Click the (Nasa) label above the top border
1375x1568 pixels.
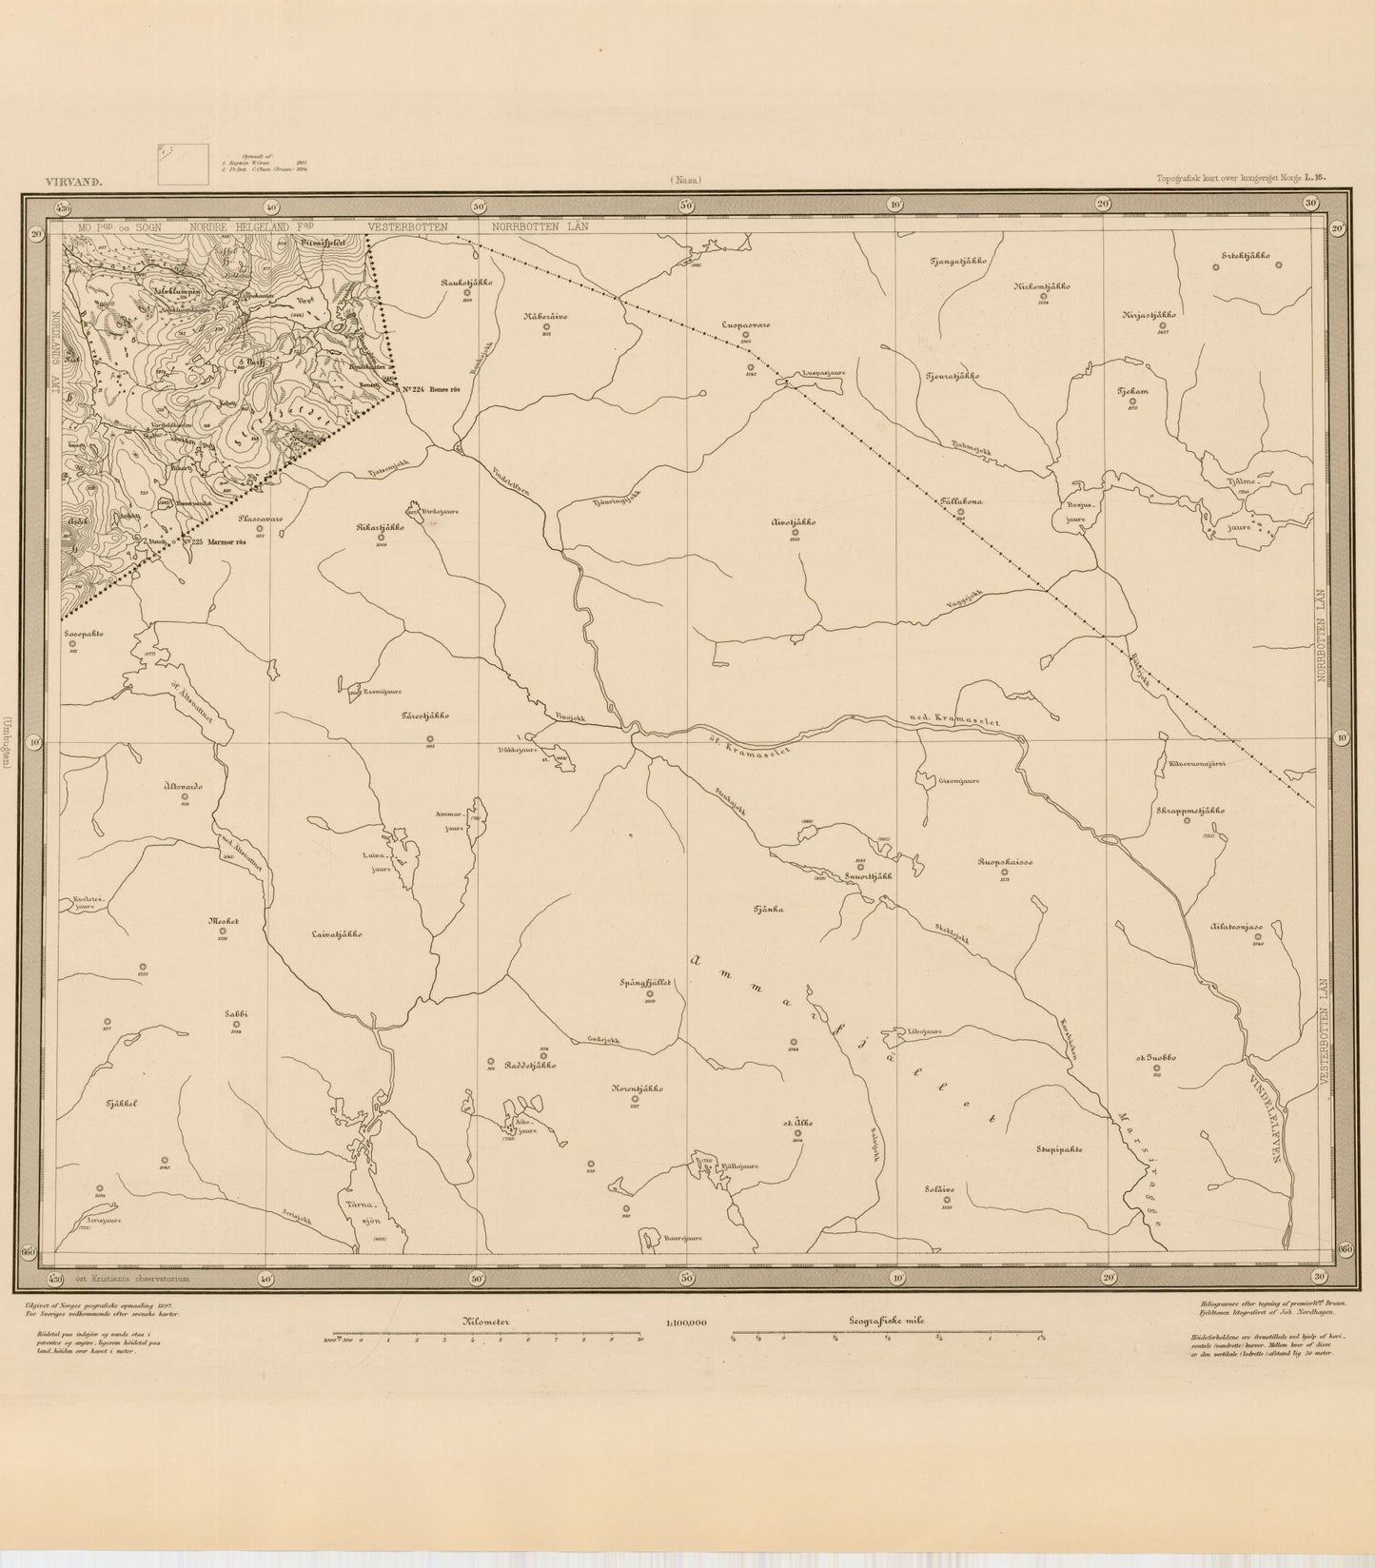click(685, 179)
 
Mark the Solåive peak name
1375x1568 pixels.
click(940, 1187)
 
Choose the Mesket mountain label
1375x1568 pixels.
click(221, 921)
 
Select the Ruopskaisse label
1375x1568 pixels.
click(1005, 863)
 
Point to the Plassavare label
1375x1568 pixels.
click(259, 519)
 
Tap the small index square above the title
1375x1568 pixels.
click(184, 163)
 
